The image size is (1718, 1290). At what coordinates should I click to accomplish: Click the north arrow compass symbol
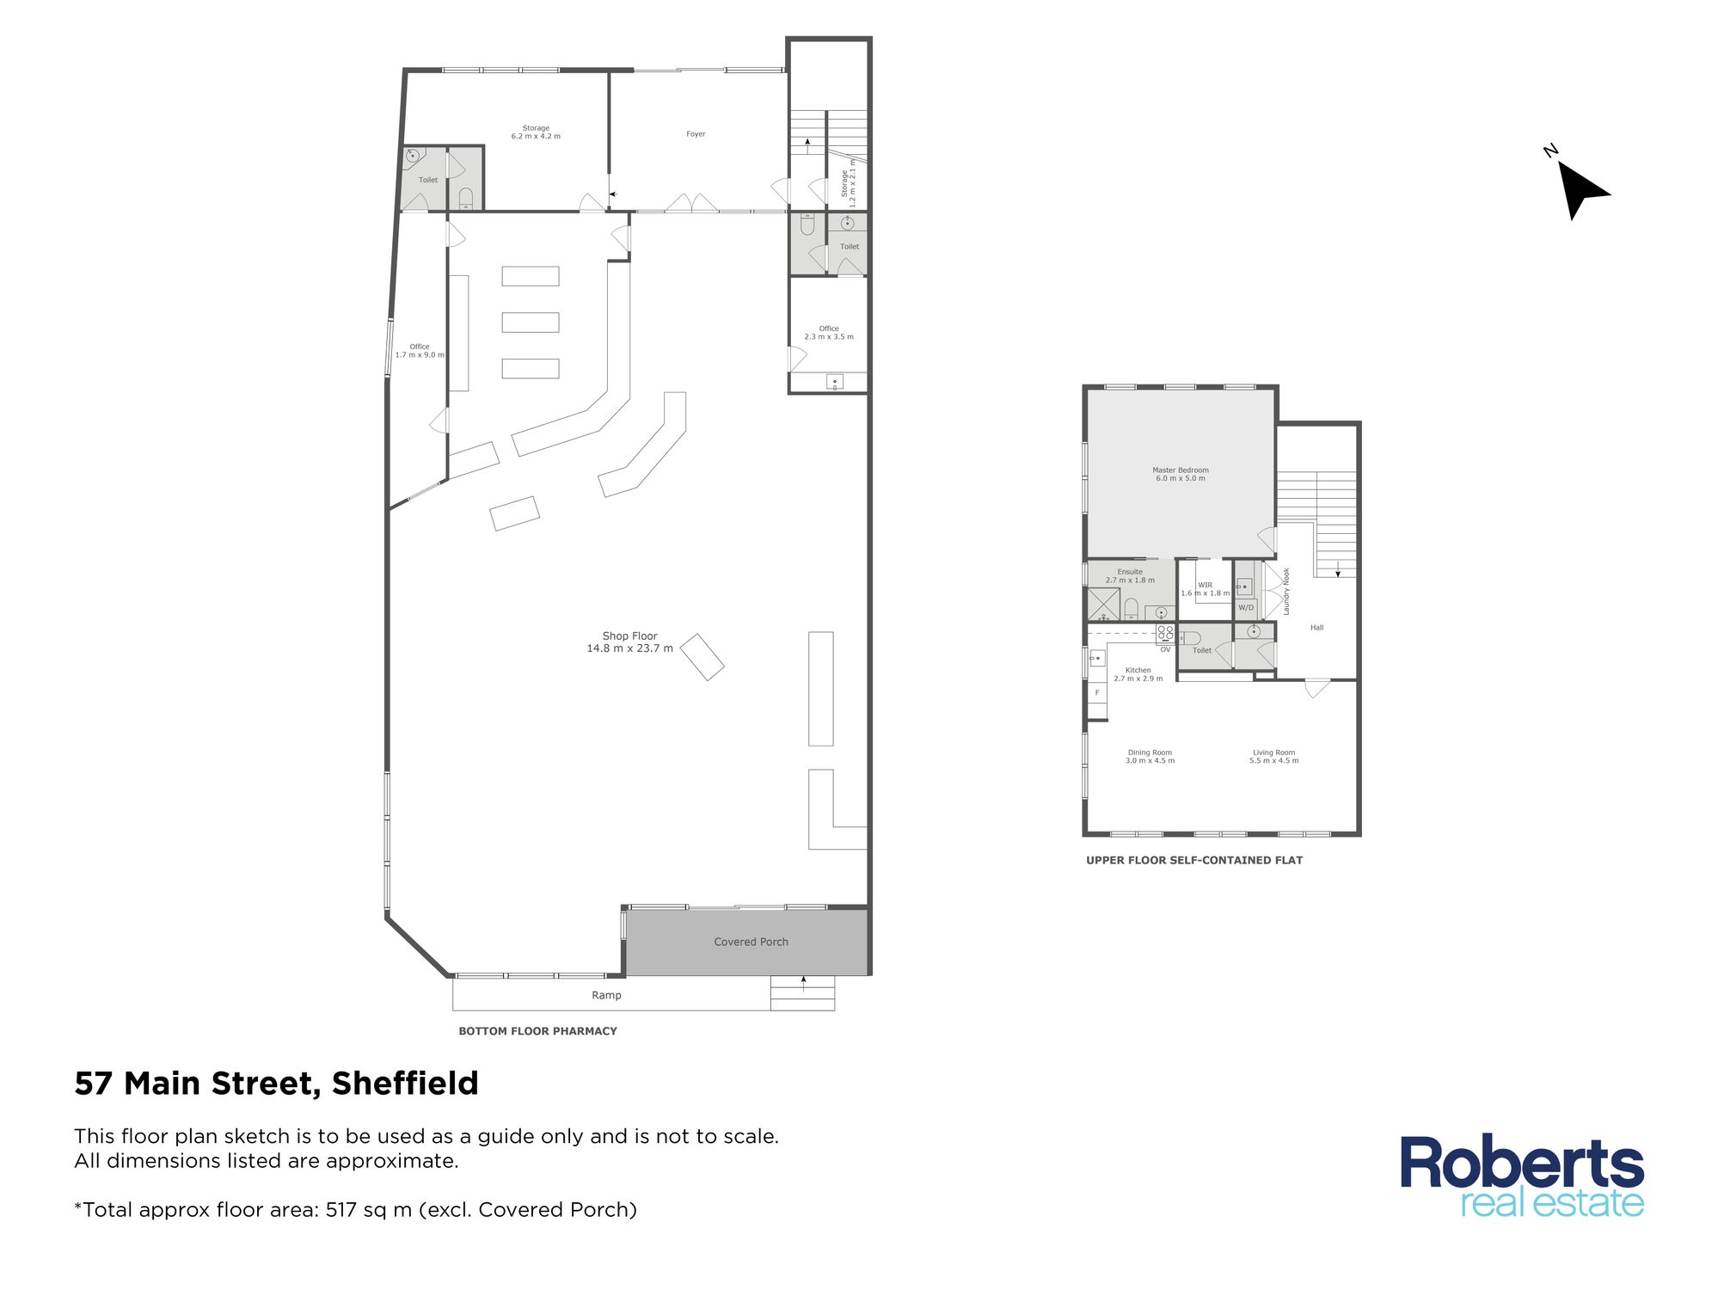point(1579,187)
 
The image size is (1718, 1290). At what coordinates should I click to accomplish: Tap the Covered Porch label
point(751,942)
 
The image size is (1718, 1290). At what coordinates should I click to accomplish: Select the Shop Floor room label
point(629,642)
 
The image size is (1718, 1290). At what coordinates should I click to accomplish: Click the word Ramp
point(606,995)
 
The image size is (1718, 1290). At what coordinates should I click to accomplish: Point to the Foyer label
point(696,134)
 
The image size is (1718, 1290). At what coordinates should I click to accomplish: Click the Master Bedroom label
point(1181,474)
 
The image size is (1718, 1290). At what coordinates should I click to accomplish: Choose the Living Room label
point(1273,756)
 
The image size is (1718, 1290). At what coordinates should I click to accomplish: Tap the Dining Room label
point(1150,756)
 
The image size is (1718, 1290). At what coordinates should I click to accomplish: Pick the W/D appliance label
point(1246,607)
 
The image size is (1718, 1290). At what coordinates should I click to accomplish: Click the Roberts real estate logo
point(1522,1176)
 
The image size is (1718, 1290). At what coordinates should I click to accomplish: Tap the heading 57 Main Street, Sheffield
point(276,1084)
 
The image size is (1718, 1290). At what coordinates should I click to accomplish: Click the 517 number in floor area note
point(341,1210)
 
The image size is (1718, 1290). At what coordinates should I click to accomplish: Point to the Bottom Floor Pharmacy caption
point(537,1031)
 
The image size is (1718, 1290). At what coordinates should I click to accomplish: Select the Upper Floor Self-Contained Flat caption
point(1193,860)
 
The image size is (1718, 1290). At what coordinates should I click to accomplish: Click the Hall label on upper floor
point(1316,628)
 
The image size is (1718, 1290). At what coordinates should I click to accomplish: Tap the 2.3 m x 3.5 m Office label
point(829,333)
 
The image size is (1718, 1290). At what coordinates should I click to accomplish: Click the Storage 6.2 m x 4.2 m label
point(536,132)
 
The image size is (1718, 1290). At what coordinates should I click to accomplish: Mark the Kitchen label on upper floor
point(1138,674)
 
